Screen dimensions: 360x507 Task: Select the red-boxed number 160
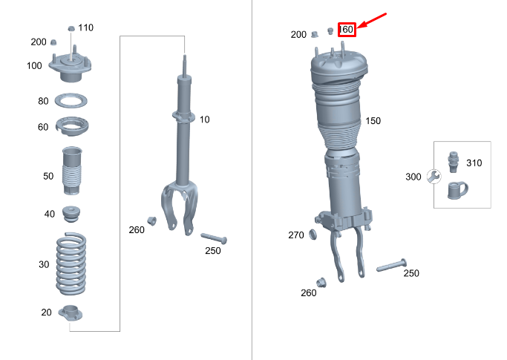[x=347, y=30]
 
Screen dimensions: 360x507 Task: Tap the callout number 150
[x=373, y=121]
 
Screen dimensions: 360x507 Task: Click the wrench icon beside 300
[x=434, y=177]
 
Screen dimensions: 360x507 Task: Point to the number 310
[x=473, y=163]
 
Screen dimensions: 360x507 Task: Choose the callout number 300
[x=413, y=177]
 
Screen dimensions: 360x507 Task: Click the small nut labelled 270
[x=313, y=235]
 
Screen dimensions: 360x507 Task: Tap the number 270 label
[x=295, y=235]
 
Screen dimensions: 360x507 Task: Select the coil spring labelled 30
[x=71, y=264]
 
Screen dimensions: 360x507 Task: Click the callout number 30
[x=44, y=264]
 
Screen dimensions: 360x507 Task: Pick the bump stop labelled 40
[x=72, y=215]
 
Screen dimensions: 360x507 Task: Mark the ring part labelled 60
[x=73, y=128]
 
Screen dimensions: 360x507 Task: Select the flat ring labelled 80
[x=73, y=101]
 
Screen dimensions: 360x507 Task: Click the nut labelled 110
[x=71, y=28]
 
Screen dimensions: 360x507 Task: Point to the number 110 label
[x=85, y=28]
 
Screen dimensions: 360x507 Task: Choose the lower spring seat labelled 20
[x=71, y=312]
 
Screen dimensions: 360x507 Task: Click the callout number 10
[x=204, y=120]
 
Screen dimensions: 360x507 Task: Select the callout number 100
[x=34, y=66]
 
